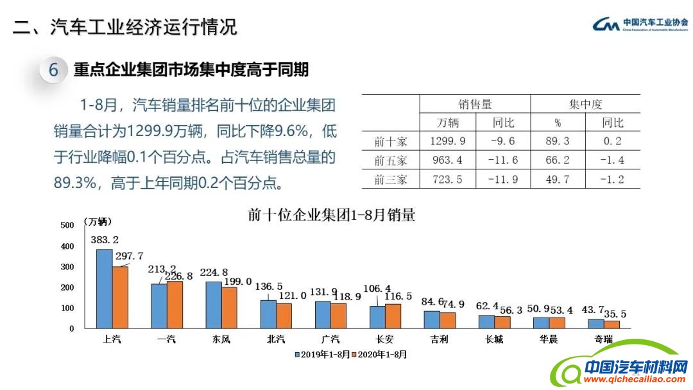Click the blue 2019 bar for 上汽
point(104,289)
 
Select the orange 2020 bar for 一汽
point(175,305)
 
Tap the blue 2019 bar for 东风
point(214,305)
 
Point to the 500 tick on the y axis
point(67,225)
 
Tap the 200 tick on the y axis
point(67,287)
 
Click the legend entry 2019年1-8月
point(322,353)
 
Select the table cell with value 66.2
point(558,160)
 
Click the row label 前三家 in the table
point(391,180)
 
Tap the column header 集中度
point(585,105)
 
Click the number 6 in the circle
point(54,70)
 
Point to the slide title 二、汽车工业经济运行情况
point(126,27)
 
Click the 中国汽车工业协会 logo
point(639,24)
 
